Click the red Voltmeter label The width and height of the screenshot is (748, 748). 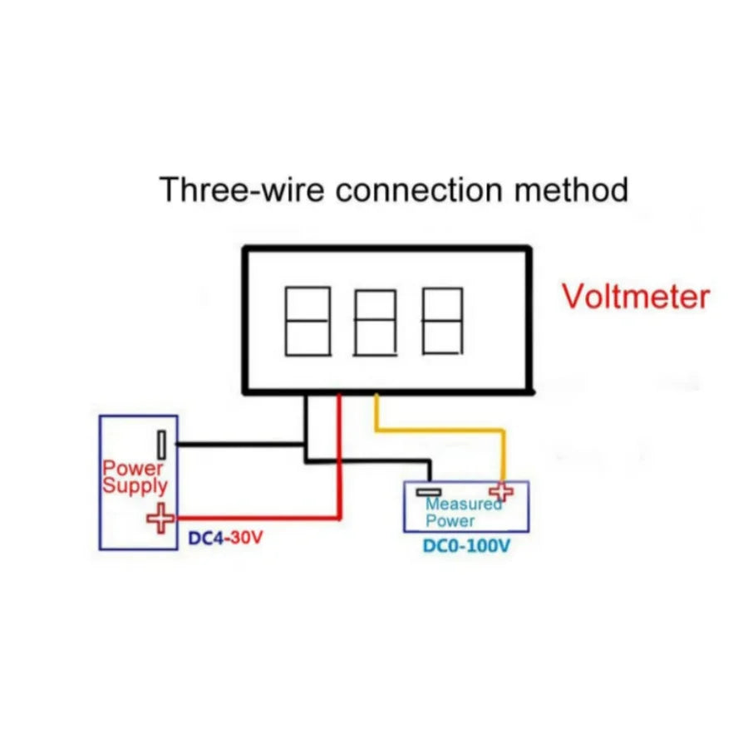(x=636, y=297)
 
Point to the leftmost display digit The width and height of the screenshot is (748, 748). (x=308, y=322)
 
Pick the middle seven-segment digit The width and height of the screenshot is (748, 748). (x=375, y=322)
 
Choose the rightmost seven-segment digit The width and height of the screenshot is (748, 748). (x=442, y=322)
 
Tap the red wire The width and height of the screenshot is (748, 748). (x=339, y=465)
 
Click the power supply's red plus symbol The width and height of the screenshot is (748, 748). (x=160, y=519)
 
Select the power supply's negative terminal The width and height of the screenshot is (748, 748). (x=163, y=444)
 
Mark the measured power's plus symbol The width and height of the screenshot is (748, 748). (x=501, y=492)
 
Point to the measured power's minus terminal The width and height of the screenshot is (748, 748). (x=430, y=492)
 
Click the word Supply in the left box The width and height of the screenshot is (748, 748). (x=135, y=486)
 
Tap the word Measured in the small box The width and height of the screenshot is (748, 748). (x=462, y=504)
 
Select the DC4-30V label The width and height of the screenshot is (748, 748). (x=224, y=539)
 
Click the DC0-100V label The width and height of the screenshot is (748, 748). (x=466, y=547)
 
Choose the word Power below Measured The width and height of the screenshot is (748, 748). (x=450, y=521)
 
